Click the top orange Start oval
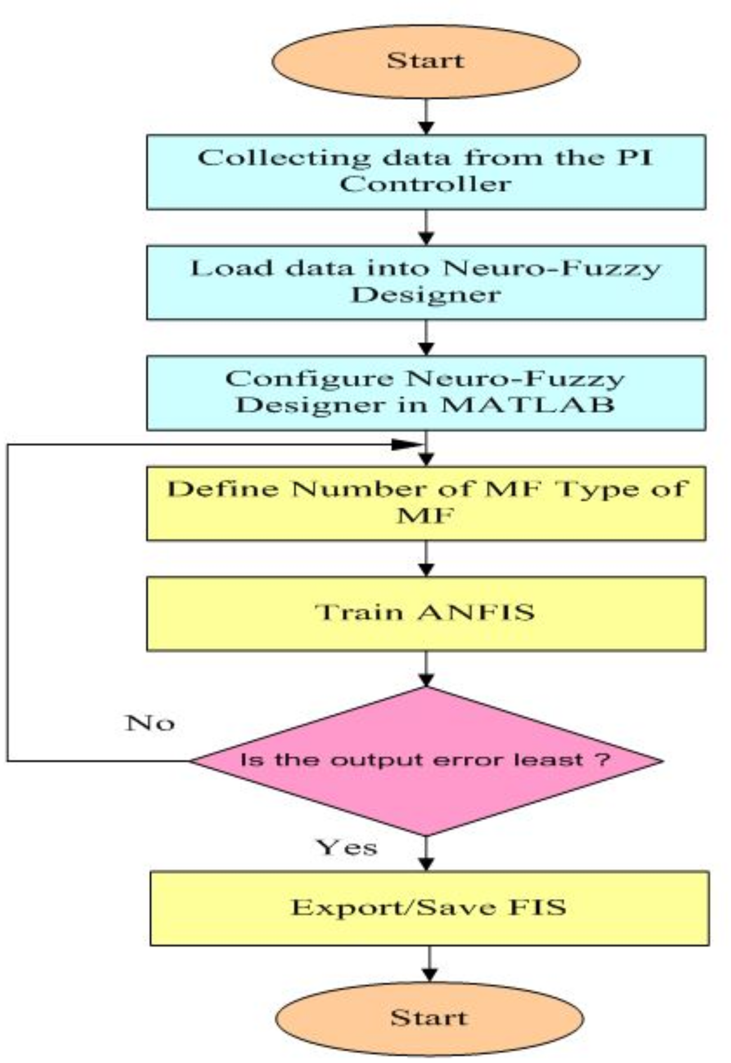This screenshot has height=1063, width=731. click(x=426, y=61)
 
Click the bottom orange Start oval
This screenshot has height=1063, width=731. click(x=429, y=1018)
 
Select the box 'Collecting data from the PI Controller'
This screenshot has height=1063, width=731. click(x=426, y=172)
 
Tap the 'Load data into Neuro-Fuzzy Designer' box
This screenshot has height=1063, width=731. click(x=426, y=282)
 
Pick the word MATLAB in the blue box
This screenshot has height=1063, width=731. click(x=527, y=406)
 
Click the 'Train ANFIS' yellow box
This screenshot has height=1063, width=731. click(x=426, y=613)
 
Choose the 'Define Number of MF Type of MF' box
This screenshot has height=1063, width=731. click(x=426, y=503)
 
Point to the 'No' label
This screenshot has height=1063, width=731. click(x=150, y=723)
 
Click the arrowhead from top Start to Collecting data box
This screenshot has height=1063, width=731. click(x=426, y=128)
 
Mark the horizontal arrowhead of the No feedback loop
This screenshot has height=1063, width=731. click(x=406, y=444)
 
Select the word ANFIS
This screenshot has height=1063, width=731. click(x=476, y=613)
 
